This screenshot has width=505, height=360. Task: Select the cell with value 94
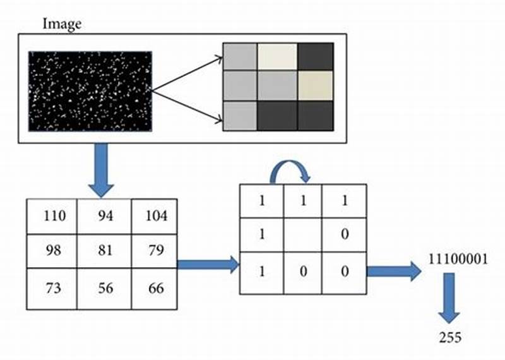pos(105,217)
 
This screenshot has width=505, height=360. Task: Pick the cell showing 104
pos(155,217)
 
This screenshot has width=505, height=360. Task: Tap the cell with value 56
pos(105,289)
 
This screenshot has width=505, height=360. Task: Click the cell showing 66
pos(155,289)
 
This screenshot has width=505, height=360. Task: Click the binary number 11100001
pos(457,259)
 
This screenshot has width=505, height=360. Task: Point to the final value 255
pos(450,338)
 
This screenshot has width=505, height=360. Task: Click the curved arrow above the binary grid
pos(288,169)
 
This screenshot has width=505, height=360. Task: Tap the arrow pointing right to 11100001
pos(393,272)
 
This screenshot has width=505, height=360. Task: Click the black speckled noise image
pos(90,92)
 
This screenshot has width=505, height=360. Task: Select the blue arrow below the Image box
pos(101,169)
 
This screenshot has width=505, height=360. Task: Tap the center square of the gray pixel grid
pos(277,86)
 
